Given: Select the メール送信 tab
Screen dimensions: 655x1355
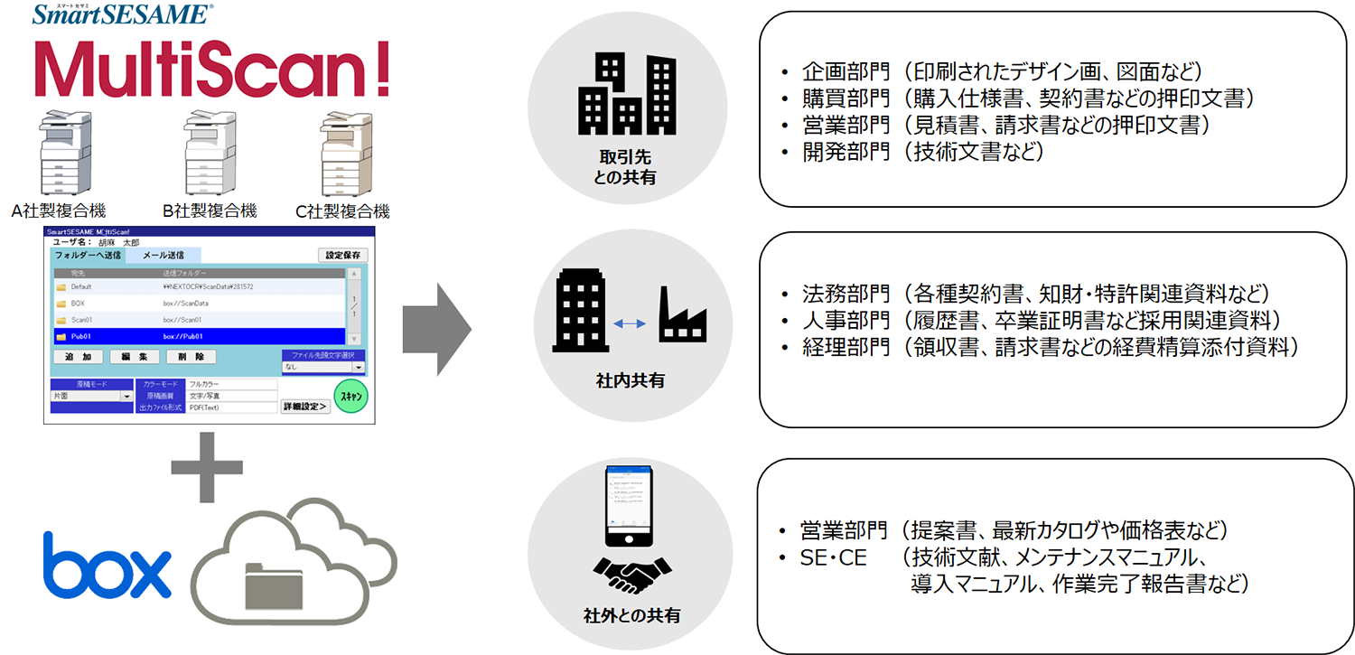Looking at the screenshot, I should click(x=164, y=256).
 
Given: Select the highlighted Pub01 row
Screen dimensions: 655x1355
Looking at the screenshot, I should click(x=199, y=335).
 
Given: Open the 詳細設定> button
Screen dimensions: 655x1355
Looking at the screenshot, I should click(x=304, y=407).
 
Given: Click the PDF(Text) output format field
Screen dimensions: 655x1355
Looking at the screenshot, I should click(x=232, y=407).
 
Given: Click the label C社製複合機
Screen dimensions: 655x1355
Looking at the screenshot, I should click(x=342, y=211).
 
